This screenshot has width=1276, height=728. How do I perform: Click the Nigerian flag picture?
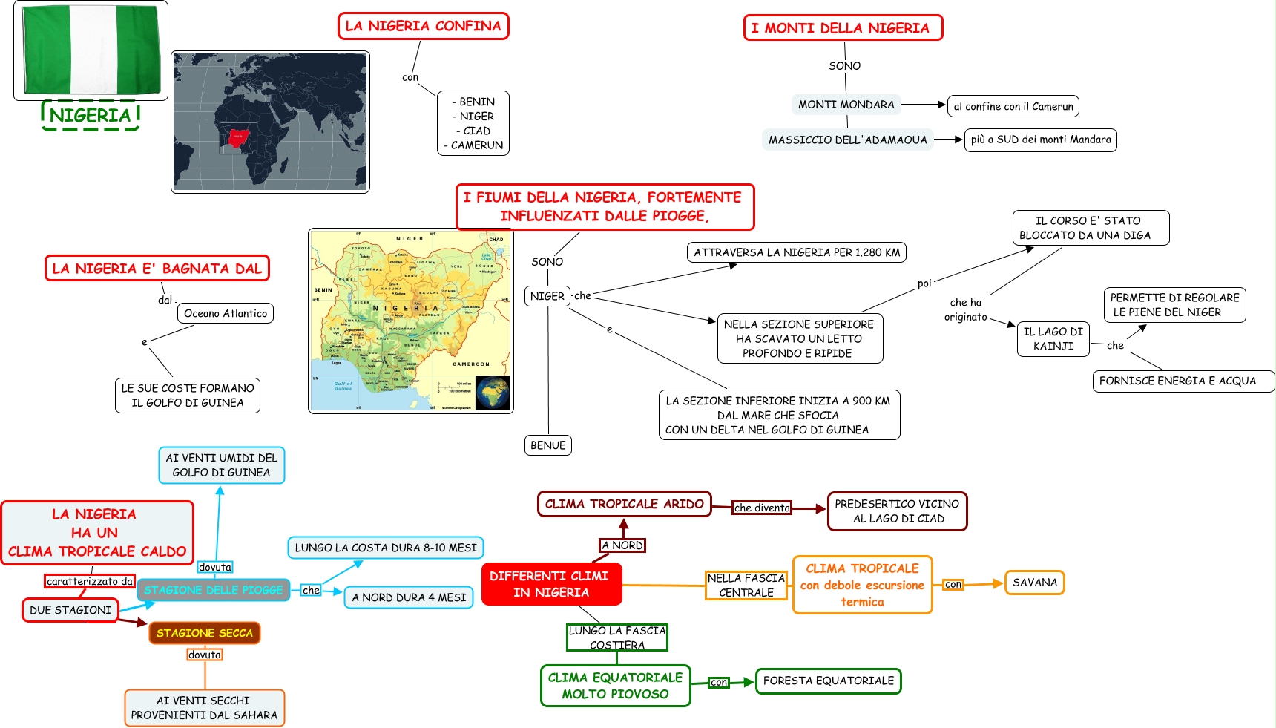pos(91,50)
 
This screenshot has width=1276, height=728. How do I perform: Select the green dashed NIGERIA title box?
pos(91,116)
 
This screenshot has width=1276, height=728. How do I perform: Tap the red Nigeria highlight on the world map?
pos(238,137)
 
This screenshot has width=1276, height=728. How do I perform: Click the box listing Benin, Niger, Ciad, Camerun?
pos(473,123)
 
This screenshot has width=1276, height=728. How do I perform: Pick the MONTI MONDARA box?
pos(846,105)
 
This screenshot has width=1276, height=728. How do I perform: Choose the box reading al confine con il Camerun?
pos(1013,106)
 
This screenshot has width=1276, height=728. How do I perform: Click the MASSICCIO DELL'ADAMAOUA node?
pos(847,140)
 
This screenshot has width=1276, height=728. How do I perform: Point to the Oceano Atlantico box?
pos(226,313)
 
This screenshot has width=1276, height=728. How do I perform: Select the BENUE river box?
pos(548,445)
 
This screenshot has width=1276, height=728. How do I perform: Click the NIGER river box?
pos(547,296)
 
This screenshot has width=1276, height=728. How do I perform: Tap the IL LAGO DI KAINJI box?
pos(1053,338)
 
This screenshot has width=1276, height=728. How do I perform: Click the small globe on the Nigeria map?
pos(493,393)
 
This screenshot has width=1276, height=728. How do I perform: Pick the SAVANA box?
pos(1034,583)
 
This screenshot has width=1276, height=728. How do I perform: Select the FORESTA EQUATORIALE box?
pos(828,681)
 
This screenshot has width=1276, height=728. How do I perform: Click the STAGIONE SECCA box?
pos(205,633)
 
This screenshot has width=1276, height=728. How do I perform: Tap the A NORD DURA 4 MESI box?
pos(409,597)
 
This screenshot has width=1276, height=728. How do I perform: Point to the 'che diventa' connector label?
pos(762,508)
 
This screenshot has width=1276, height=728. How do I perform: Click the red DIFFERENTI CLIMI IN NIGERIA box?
pos(551,584)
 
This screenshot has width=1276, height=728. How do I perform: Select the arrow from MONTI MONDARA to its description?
pos(924,105)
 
